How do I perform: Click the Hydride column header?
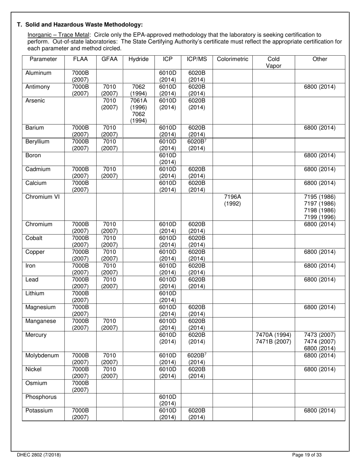point(138,59)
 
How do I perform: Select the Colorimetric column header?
point(232,59)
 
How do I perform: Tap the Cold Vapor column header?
point(273,62)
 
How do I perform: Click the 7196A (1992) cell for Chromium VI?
point(232,200)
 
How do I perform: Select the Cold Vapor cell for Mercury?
point(273,338)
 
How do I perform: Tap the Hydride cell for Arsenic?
point(138,111)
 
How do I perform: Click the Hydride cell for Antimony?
point(138,90)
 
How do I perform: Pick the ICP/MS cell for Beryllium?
point(197,145)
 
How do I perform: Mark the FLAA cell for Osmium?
point(80,386)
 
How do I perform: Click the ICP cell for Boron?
point(167,159)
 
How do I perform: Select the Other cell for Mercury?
point(320,342)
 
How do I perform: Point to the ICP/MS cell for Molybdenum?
point(197,359)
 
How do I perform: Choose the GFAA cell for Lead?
point(109,283)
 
